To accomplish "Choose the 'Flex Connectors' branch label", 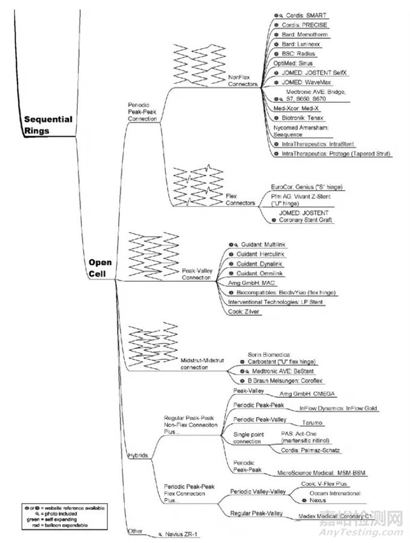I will pyautogui.click(x=239, y=199).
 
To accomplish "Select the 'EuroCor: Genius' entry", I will pyautogui.click(x=304, y=187).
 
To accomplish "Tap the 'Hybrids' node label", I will pyautogui.click(x=138, y=455).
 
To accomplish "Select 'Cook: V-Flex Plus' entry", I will pyautogui.click(x=324, y=484).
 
